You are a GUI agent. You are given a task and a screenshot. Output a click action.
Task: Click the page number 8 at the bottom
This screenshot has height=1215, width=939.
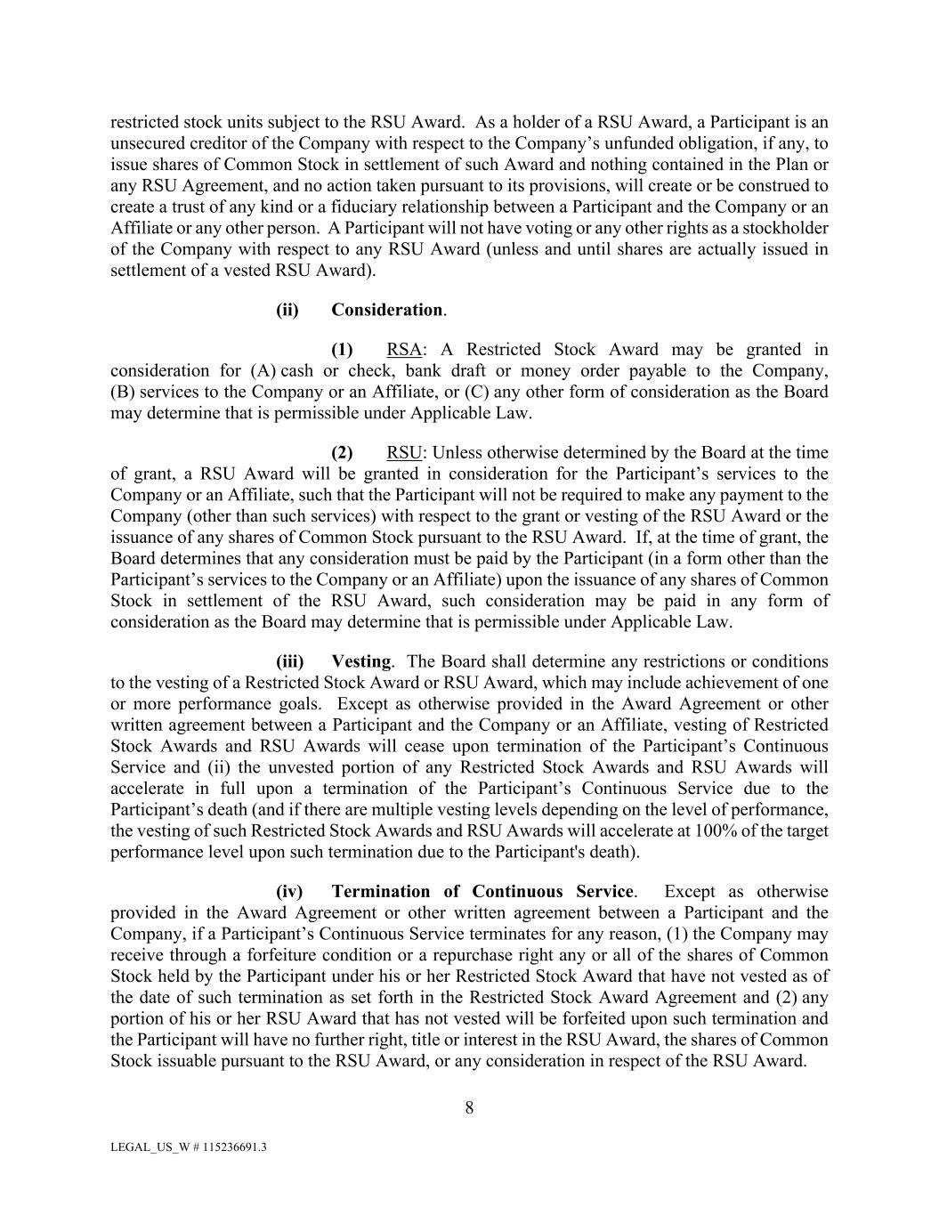point(469,1107)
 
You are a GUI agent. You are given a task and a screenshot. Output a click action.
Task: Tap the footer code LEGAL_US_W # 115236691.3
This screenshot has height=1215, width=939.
point(188,1147)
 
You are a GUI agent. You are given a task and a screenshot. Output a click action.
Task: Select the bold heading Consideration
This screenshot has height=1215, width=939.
point(387,310)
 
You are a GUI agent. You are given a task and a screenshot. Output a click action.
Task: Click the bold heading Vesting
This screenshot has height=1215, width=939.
point(360,661)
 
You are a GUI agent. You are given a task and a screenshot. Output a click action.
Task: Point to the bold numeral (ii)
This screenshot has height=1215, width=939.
point(287,310)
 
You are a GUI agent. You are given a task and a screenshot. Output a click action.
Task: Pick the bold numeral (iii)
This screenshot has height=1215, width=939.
point(289,661)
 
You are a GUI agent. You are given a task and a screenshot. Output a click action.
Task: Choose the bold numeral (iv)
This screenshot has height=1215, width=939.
point(289,891)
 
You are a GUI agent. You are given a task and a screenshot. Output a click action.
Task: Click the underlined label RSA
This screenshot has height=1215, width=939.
point(404,349)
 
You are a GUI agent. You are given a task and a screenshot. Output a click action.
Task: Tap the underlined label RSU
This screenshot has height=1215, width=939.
point(404,452)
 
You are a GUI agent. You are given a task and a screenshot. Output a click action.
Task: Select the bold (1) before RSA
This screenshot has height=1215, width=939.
point(342,349)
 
